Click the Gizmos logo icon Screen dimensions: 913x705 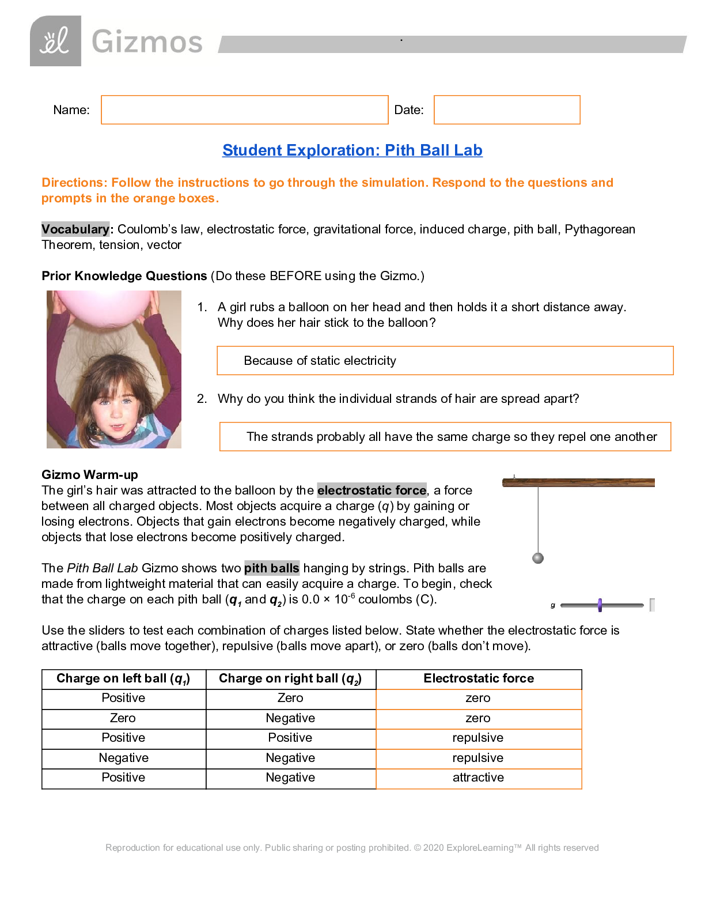click(55, 41)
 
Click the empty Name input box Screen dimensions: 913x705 click(244, 110)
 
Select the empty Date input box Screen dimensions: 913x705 click(506, 110)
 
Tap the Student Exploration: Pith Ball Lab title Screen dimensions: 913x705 click(352, 150)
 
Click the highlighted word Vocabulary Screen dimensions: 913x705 click(75, 229)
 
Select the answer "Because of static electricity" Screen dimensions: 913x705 click(320, 361)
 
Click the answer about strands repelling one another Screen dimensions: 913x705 click(451, 437)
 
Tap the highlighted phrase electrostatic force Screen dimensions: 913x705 click(372, 491)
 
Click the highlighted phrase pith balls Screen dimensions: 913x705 click(271, 568)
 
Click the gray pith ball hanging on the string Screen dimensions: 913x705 click(538, 558)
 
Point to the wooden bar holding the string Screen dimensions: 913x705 click(578, 482)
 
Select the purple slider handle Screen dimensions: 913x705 click(600, 605)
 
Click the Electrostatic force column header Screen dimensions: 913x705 click(479, 678)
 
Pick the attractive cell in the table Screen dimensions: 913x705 click(478, 778)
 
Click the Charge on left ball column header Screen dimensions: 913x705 click(123, 679)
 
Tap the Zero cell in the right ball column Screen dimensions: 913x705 click(290, 698)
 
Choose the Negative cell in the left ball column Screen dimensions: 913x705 click(123, 758)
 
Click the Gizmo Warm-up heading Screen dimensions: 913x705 click(90, 475)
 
